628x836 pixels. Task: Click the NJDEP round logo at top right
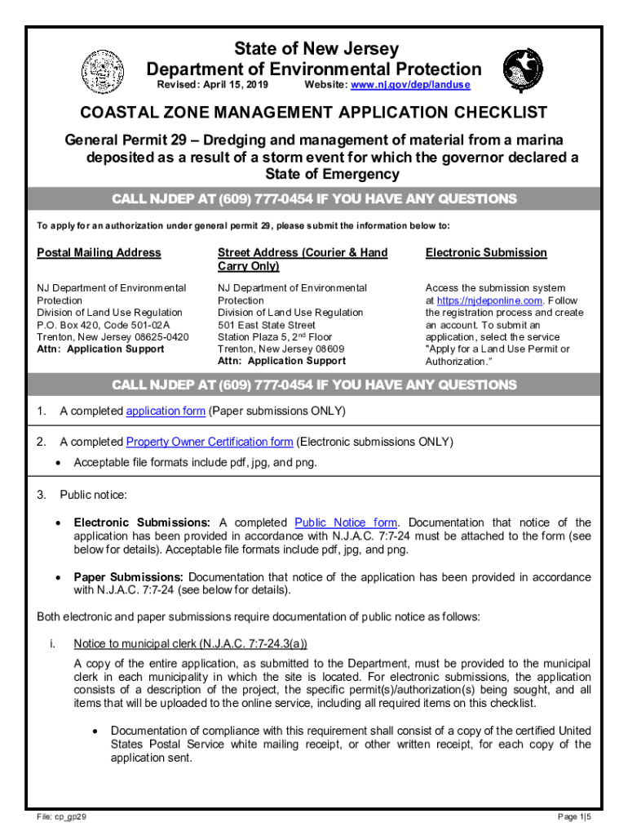click(522, 69)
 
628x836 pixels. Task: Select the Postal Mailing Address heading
click(99, 253)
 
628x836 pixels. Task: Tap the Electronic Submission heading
click(486, 253)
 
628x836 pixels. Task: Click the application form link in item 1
click(166, 411)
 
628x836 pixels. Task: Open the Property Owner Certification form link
click(210, 442)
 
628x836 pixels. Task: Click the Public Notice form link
click(346, 522)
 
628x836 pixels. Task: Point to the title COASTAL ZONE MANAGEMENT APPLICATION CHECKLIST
click(313, 113)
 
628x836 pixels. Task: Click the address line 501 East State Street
click(267, 324)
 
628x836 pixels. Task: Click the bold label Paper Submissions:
click(129, 576)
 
